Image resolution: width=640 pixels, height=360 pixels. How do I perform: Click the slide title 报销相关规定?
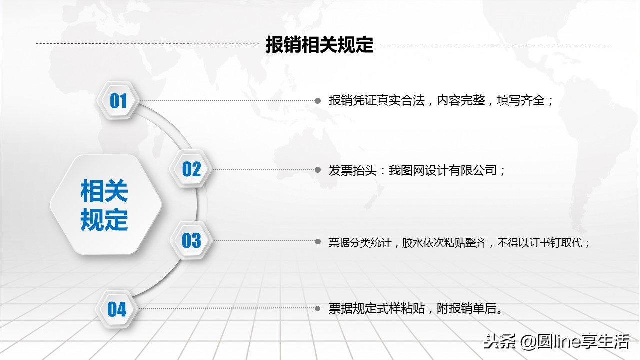click(319, 45)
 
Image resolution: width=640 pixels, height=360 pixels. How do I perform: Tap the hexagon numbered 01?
click(118, 101)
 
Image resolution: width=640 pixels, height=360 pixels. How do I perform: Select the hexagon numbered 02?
click(191, 169)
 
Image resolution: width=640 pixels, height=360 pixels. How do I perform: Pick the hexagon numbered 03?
click(191, 241)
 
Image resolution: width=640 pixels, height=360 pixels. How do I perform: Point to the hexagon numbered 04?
click(117, 309)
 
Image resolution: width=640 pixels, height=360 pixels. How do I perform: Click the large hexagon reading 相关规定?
click(104, 205)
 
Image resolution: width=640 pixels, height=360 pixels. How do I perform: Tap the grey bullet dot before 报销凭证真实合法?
click(318, 100)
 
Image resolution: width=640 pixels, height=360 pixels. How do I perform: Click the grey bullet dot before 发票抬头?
click(318, 170)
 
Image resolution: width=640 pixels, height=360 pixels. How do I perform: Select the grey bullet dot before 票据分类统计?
click(318, 241)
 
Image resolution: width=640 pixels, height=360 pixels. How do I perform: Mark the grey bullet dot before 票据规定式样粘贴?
click(318, 309)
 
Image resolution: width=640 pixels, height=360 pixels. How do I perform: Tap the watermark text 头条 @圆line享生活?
click(555, 342)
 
